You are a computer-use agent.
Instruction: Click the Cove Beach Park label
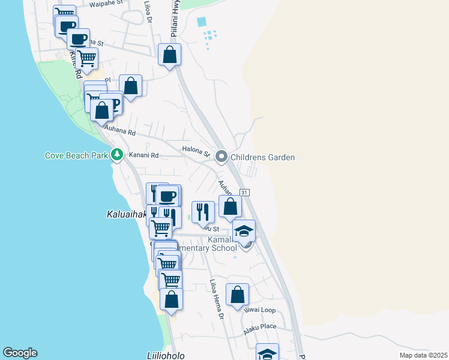tap(76, 156)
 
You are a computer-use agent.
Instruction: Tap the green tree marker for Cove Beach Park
tap(117, 155)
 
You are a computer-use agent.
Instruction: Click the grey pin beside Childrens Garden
tap(221, 157)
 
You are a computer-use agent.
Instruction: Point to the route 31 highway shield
tap(244, 192)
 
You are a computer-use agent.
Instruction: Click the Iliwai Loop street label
tap(259, 310)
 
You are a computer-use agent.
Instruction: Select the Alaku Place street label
tap(259, 326)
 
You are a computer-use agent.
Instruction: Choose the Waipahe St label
tap(105, 4)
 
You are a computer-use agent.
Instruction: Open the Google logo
tap(20, 353)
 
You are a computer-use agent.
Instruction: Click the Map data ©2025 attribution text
tap(423, 355)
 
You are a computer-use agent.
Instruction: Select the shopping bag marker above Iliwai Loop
tap(238, 295)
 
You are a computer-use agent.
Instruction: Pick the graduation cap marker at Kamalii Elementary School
tap(244, 231)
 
